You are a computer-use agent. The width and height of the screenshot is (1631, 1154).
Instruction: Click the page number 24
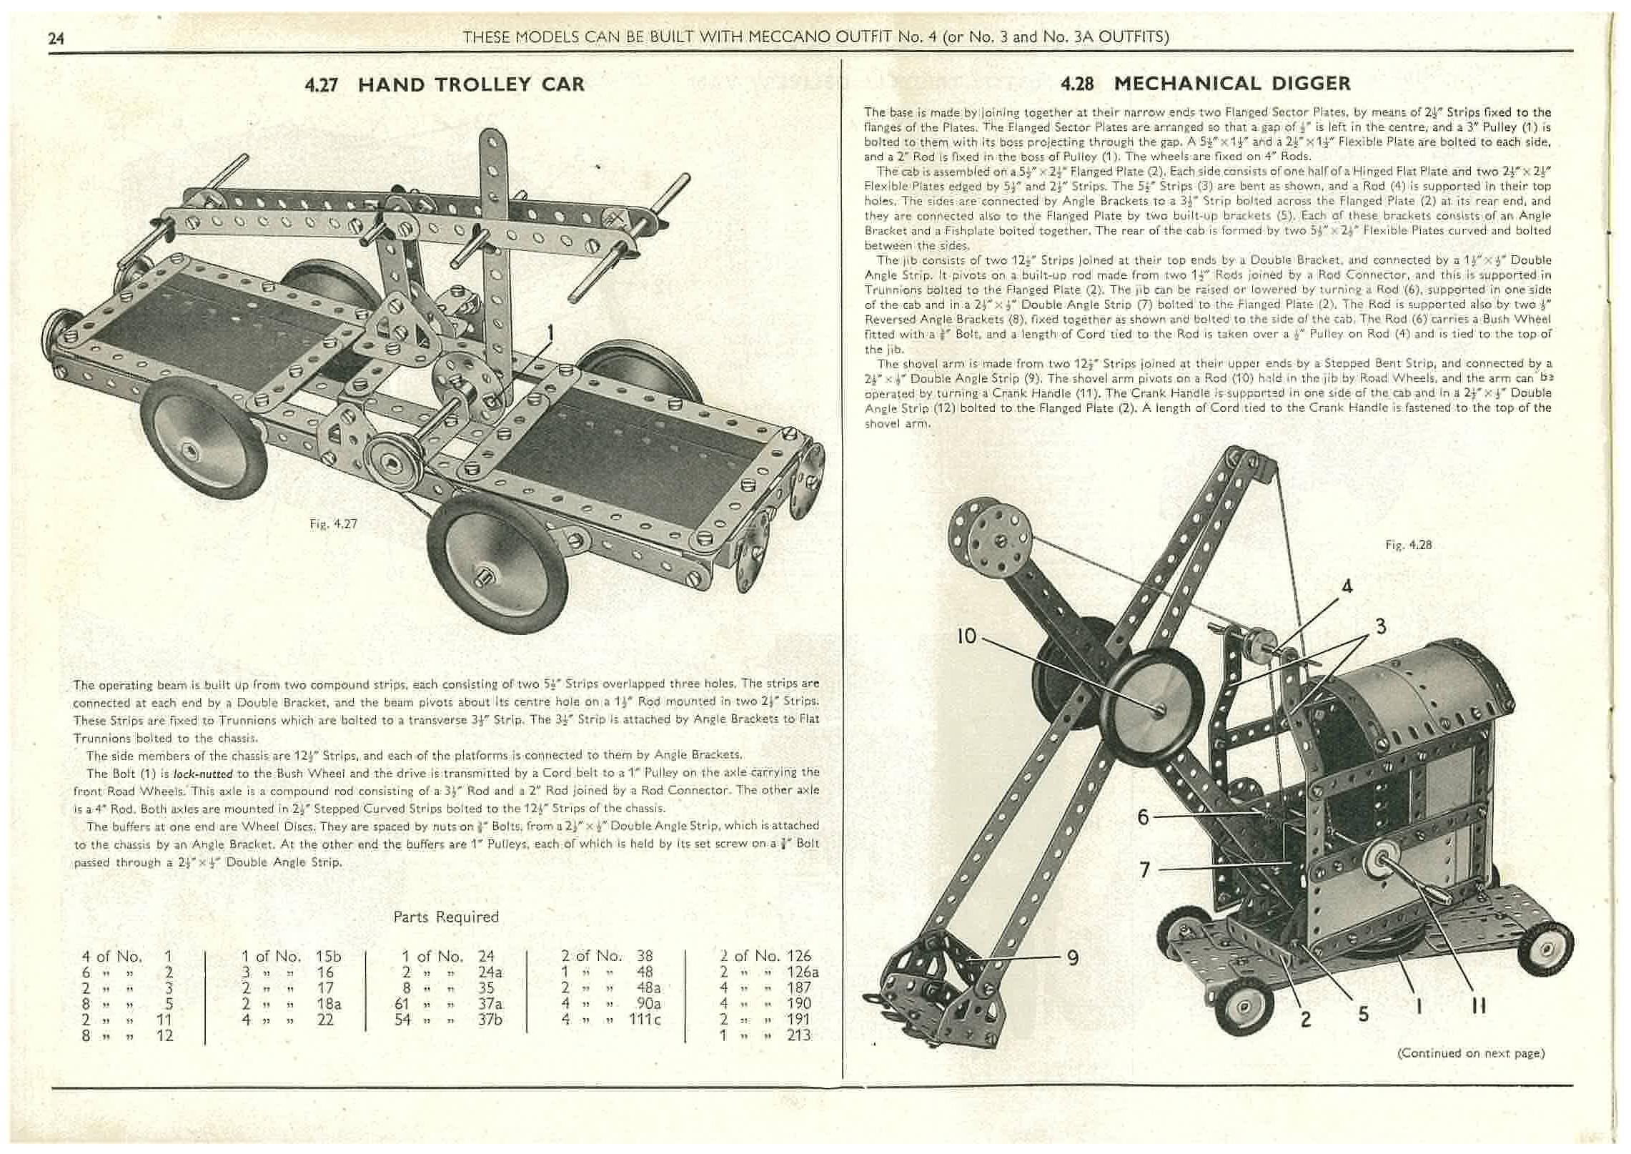click(56, 39)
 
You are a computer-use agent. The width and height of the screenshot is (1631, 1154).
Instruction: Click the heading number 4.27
click(323, 85)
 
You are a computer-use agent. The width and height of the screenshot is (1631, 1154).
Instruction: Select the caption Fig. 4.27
click(333, 524)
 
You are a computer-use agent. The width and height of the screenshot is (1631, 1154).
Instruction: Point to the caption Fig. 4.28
click(1408, 545)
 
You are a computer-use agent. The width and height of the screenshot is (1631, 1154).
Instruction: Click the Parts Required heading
click(446, 917)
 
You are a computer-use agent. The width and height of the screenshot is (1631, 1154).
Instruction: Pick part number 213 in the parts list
click(799, 1035)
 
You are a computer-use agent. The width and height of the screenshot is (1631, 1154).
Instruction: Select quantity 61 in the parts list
click(403, 1003)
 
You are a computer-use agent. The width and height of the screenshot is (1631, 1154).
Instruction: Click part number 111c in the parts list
click(644, 1020)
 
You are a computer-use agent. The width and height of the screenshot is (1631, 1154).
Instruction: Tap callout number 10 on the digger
click(966, 636)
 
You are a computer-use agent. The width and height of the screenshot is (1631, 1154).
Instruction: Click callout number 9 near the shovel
click(1072, 957)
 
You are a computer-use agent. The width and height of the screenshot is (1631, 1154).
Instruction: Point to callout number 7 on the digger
click(1144, 870)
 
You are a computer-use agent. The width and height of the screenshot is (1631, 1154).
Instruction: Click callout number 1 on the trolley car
click(551, 332)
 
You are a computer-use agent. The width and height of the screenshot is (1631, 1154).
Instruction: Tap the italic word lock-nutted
click(204, 774)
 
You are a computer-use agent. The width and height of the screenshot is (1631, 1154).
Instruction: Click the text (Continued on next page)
click(1470, 1053)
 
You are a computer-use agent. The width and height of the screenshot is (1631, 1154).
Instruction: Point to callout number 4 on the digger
click(1347, 587)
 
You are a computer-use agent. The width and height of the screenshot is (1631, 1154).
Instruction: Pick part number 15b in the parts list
click(329, 956)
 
